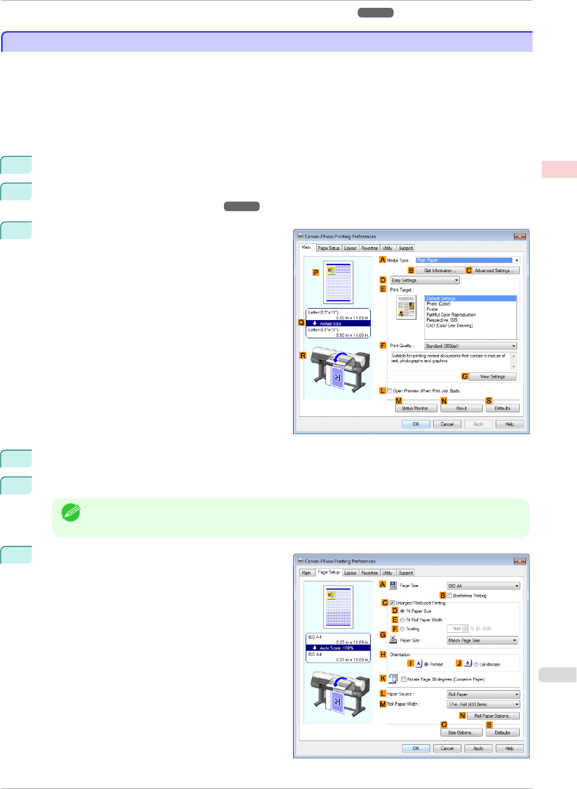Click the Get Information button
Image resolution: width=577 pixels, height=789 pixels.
click(440, 271)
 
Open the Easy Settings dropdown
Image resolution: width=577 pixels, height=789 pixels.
click(425, 281)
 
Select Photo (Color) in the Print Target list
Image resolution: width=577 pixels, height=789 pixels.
click(438, 304)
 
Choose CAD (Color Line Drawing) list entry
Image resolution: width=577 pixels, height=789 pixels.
click(449, 326)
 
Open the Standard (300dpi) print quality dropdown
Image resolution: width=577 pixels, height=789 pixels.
click(470, 346)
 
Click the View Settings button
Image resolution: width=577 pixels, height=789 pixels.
click(492, 377)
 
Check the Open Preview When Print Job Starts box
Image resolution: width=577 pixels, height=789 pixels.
click(390, 391)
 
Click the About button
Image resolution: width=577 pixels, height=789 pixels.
click(461, 409)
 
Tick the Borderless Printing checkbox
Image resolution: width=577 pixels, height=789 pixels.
click(450, 596)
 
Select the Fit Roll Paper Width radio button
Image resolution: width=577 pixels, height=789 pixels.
click(403, 620)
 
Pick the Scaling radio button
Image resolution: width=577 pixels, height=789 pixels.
click(403, 629)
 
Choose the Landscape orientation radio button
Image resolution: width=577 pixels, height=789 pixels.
click(476, 665)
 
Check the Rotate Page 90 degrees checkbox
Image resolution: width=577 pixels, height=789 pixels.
click(404, 679)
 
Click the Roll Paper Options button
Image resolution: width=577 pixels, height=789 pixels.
click(493, 716)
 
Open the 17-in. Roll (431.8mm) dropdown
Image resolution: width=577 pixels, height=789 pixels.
click(483, 705)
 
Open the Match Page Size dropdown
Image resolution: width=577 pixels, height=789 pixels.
click(482, 641)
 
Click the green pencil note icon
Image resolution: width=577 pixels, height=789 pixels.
click(71, 513)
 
